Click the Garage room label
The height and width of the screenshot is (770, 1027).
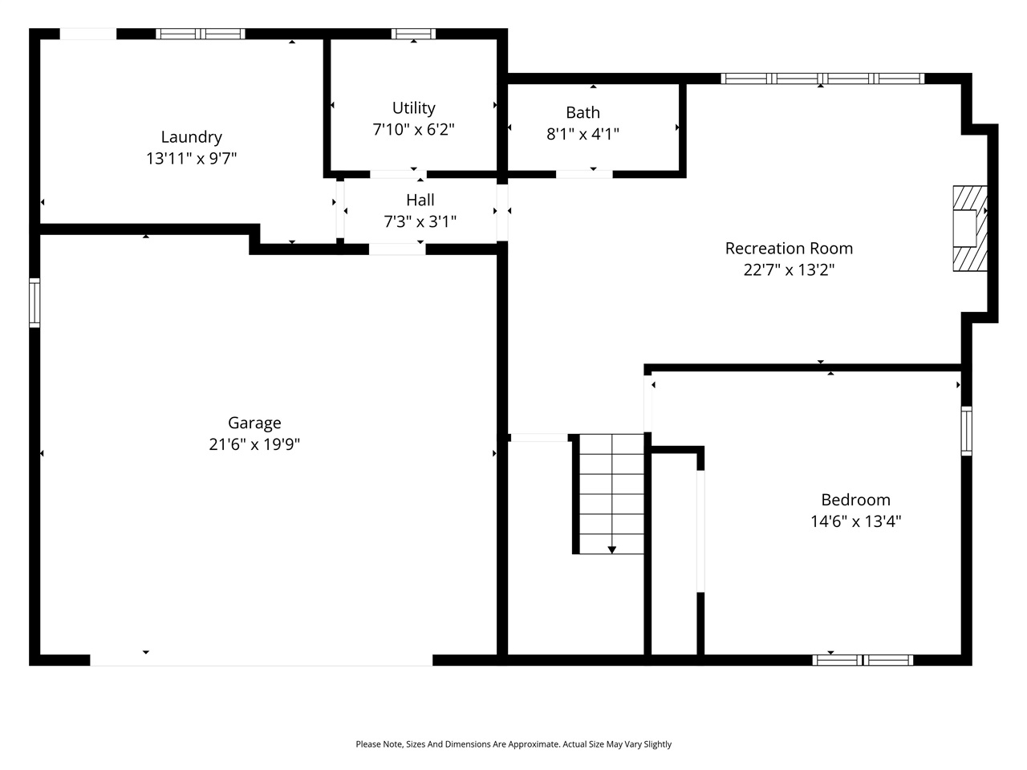(254, 423)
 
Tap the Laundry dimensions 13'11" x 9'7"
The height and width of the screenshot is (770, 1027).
(191, 159)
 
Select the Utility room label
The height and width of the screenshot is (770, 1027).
(413, 107)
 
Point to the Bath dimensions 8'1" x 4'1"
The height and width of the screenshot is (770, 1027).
(583, 134)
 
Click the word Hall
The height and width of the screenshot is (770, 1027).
(420, 200)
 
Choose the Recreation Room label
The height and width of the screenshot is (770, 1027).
(789, 248)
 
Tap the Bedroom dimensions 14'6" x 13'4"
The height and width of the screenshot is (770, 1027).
(855, 521)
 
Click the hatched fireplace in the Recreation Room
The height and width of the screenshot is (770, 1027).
(969, 229)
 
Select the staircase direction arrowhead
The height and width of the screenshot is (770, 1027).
(612, 549)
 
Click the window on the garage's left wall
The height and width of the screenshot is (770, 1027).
(35, 302)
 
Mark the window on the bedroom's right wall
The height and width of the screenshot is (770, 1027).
(966, 431)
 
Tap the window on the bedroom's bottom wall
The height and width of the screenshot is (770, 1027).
(863, 660)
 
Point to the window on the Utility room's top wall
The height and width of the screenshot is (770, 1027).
(413, 34)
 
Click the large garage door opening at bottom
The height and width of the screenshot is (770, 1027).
(261, 660)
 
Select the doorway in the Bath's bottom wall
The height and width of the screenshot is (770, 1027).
(584, 173)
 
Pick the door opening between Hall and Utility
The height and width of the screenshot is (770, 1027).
(398, 174)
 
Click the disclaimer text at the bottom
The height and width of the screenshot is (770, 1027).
(513, 744)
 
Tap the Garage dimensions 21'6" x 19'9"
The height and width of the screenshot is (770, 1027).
(254, 444)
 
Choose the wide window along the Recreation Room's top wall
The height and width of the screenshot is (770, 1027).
(822, 79)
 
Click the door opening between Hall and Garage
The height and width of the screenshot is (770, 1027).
(397, 249)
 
